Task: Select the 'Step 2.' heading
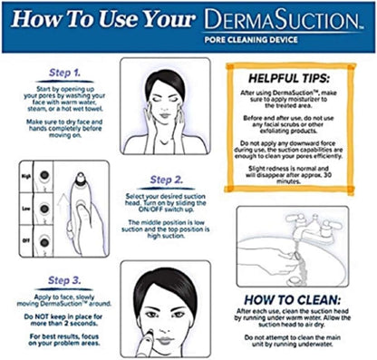166,180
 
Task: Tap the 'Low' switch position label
26,207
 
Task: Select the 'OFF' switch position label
26,239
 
